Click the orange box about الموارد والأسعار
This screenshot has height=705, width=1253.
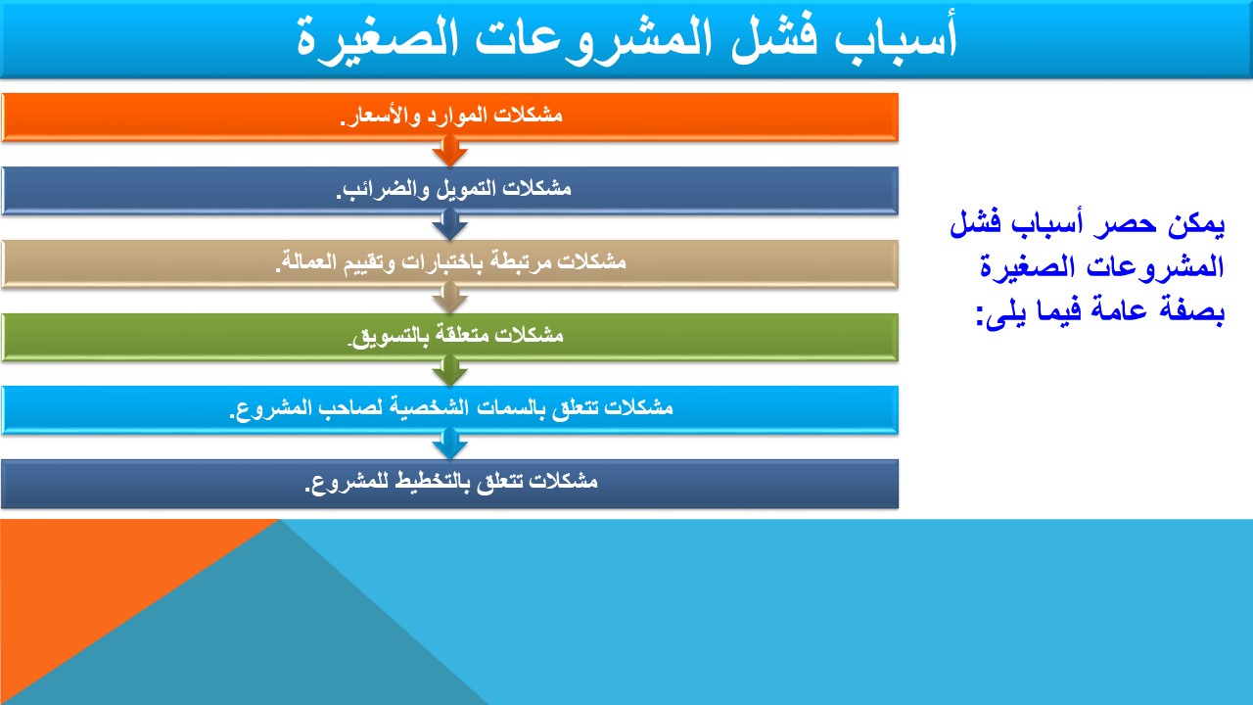449,117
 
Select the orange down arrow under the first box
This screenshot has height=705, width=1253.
449,152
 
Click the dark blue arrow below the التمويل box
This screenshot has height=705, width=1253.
449,225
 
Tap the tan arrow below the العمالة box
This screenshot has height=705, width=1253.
449,299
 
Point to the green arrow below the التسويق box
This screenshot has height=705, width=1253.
449,371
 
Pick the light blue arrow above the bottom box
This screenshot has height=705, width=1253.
449,445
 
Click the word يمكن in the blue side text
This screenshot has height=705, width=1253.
1196,224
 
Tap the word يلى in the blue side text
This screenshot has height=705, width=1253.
1005,313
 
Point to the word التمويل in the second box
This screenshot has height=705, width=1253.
475,189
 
